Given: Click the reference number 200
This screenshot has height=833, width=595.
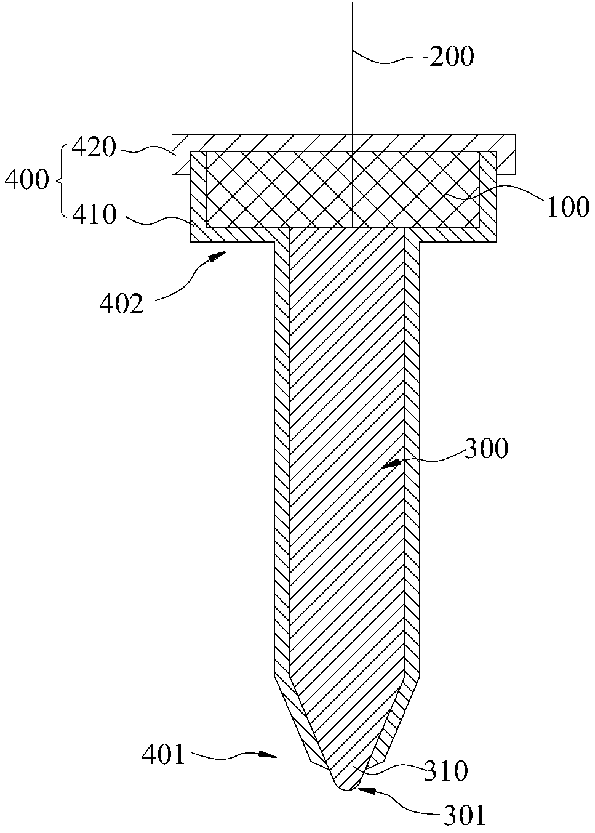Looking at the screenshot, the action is [x=452, y=57].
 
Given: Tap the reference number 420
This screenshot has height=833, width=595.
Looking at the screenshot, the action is [x=94, y=148].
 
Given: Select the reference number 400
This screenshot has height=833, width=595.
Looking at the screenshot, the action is [x=26, y=180].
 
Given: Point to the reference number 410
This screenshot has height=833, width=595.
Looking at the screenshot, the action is [x=94, y=215].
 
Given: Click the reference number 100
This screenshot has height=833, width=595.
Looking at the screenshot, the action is [x=567, y=206].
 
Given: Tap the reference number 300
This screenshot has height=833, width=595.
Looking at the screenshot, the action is [x=485, y=448].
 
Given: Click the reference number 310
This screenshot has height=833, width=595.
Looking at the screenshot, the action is [x=445, y=771].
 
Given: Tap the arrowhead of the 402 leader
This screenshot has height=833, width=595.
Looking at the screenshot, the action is [x=218, y=256].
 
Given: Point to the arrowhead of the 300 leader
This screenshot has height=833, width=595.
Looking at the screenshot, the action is [x=392, y=464].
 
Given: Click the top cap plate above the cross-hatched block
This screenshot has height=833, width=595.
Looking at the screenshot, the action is [x=343, y=143].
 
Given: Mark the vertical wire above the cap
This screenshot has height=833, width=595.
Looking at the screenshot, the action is [x=352, y=67].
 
